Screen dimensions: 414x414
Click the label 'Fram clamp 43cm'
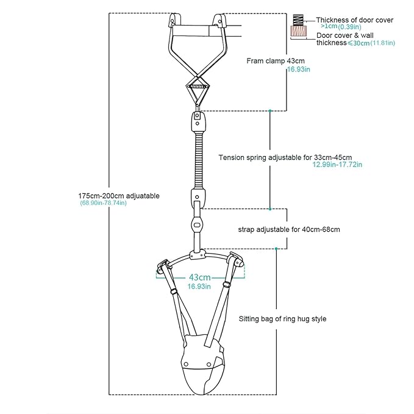coord(276,61)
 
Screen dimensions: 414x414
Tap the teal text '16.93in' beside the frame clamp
coord(299,70)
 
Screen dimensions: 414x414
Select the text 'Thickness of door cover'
coord(355,20)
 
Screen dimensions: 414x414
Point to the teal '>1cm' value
coord(329,26)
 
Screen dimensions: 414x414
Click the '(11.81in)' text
coord(383,43)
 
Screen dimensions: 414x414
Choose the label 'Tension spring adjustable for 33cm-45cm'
coord(285,158)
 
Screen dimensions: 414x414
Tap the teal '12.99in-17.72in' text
coord(337,165)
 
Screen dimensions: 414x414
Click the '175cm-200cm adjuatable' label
coord(119,196)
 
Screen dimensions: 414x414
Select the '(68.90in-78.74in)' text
coord(103,203)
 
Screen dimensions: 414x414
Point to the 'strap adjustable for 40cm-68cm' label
coord(289,229)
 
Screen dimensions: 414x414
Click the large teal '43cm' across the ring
coord(200,277)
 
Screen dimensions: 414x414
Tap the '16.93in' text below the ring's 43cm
coord(199,287)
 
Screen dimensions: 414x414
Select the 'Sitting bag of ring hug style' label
coord(282,319)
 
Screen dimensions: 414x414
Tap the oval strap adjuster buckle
coord(198,225)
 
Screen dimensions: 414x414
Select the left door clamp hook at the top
coord(174,21)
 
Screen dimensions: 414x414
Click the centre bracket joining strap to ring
coord(197,255)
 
